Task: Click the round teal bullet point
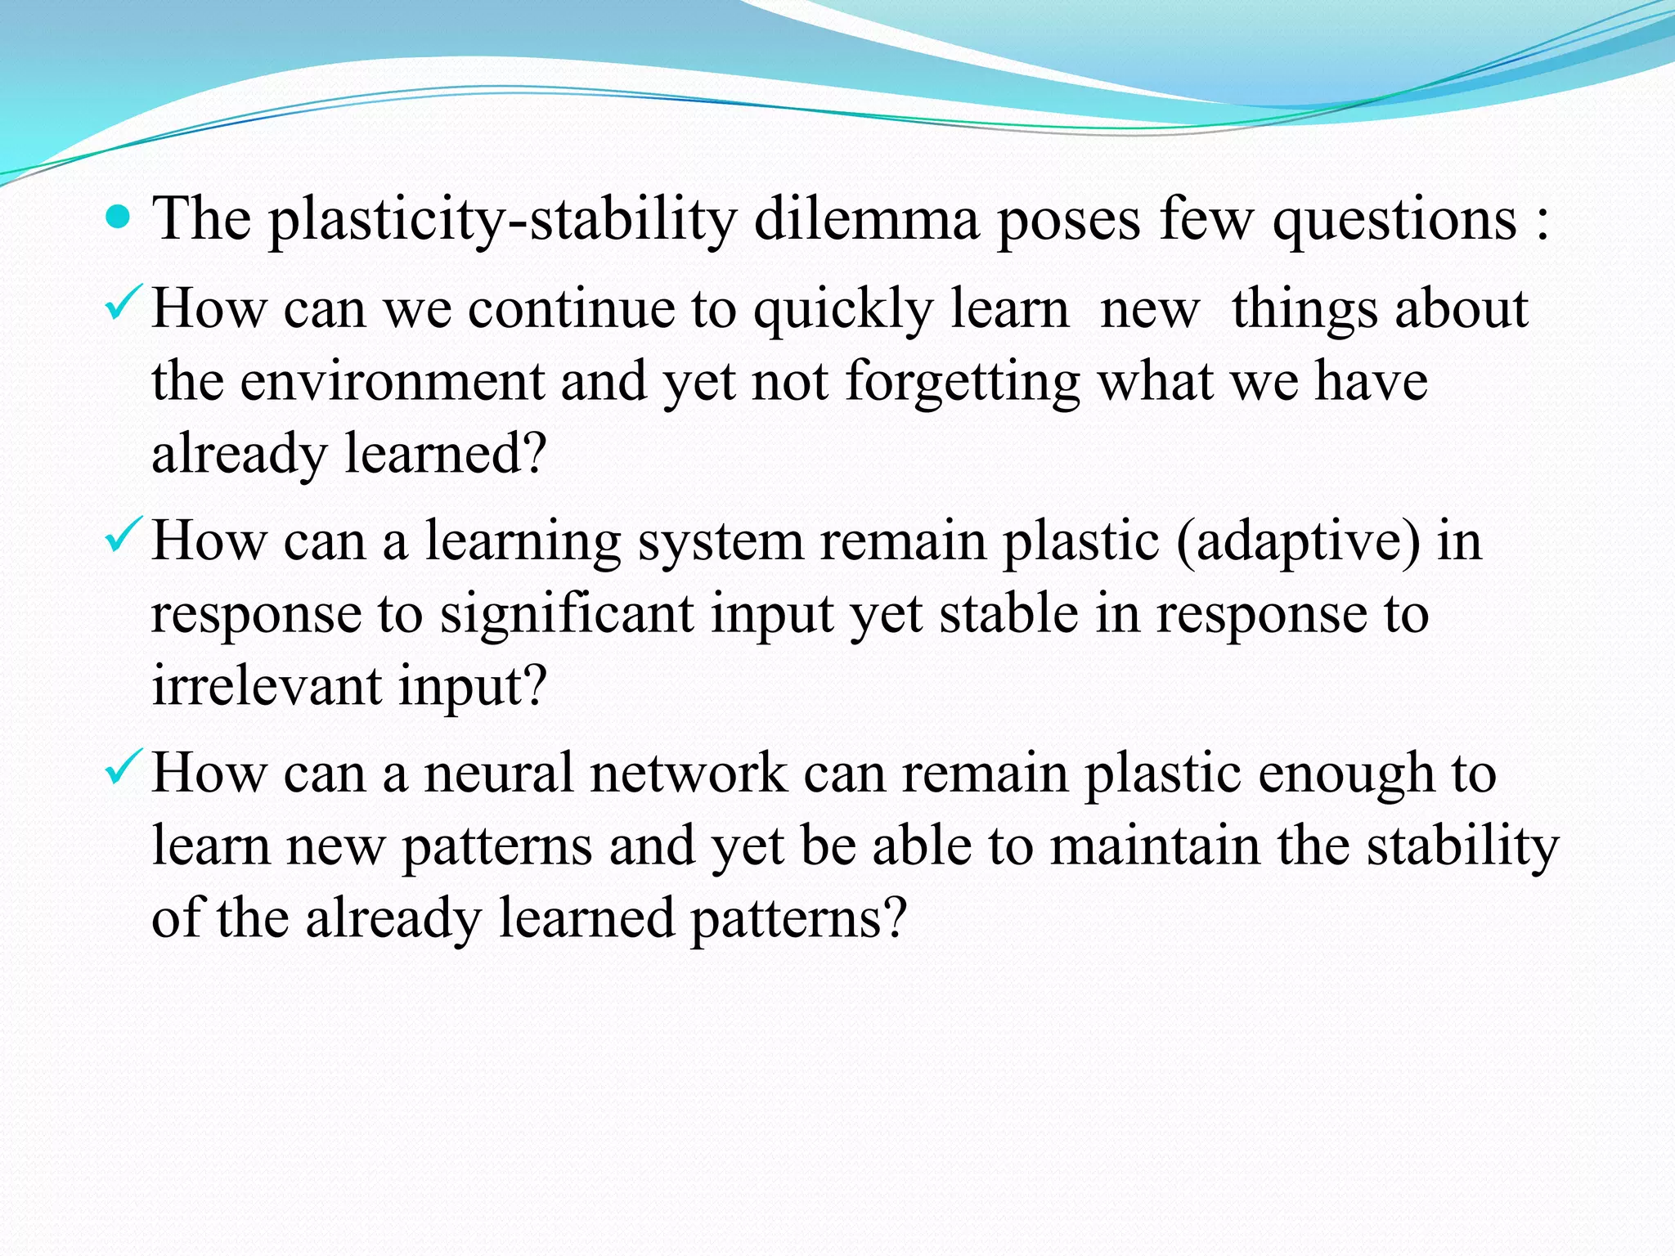(x=119, y=218)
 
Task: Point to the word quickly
(x=843, y=311)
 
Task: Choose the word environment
(x=393, y=382)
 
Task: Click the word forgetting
(x=962, y=382)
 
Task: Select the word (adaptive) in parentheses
(x=1298, y=543)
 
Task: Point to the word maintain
(x=1156, y=846)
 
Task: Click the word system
(x=721, y=543)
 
